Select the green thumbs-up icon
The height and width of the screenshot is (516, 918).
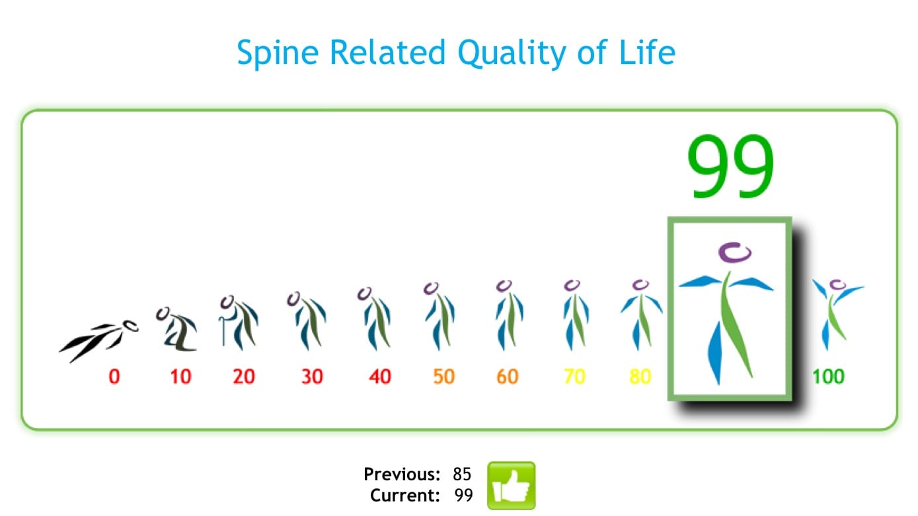[511, 486]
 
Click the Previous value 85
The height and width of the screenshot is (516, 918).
[462, 474]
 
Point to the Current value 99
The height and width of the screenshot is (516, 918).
[463, 496]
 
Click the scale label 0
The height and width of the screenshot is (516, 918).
[114, 377]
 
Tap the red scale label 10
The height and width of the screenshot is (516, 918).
[180, 377]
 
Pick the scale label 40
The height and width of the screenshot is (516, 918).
[379, 377]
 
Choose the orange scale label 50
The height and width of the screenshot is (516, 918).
[444, 377]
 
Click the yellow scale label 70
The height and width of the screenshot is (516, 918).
[574, 377]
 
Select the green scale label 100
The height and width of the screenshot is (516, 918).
[828, 377]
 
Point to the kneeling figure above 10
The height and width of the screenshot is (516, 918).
[176, 328]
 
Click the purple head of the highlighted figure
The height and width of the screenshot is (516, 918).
[735, 252]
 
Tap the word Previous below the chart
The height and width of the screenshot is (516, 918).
[401, 474]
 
